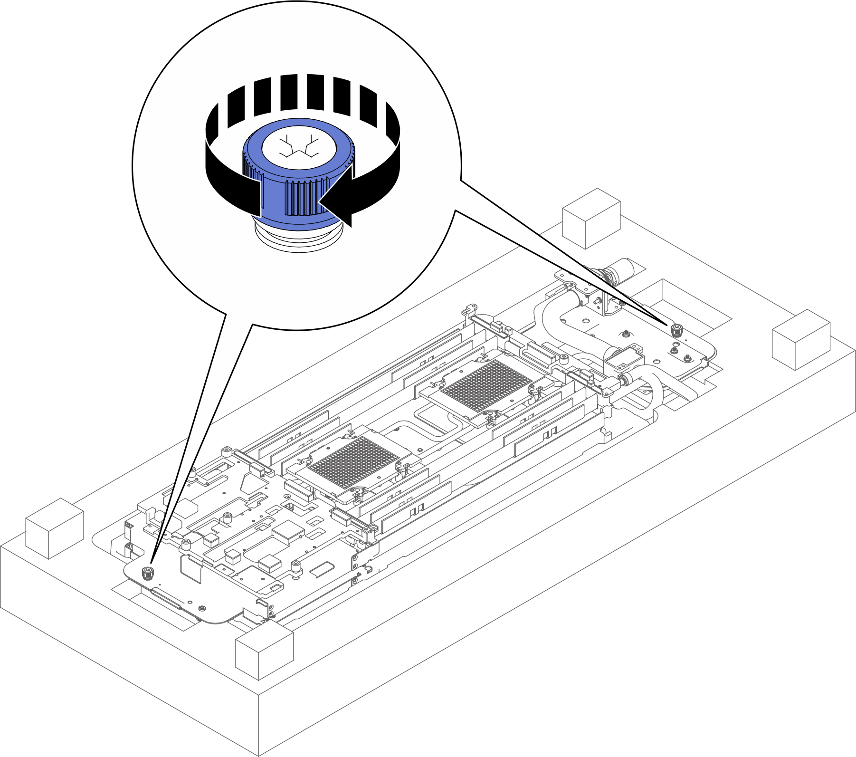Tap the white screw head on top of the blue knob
pos(299,146)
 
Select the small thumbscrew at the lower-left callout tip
pos(148,573)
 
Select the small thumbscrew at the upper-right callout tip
pos(675,329)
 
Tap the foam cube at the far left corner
pos(54,528)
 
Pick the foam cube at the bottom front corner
pos(264,652)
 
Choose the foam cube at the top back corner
pos(591,218)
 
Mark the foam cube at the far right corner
pos(801,339)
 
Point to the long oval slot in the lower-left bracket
pos(166,598)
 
